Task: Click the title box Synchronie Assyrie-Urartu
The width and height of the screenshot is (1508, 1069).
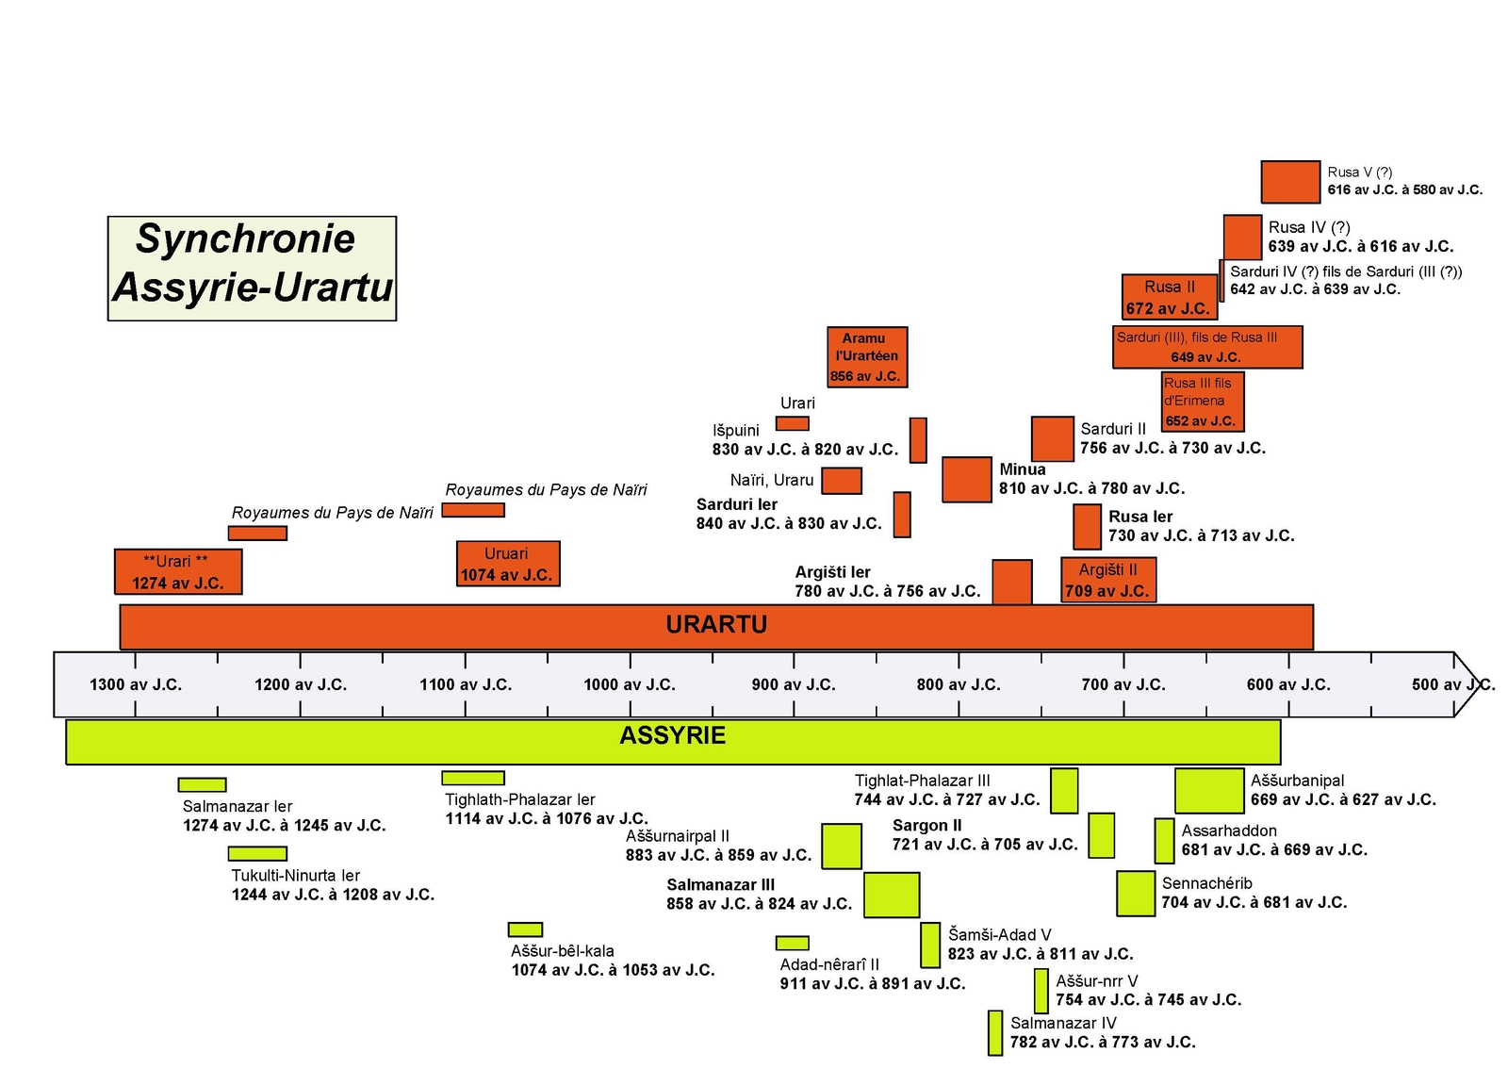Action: point(252,269)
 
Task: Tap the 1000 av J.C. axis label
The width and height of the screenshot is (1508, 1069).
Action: point(629,684)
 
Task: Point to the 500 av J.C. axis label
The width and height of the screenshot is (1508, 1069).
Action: point(1451,684)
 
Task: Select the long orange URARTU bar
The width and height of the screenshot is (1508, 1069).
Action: point(716,626)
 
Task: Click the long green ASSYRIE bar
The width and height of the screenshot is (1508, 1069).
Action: point(673,741)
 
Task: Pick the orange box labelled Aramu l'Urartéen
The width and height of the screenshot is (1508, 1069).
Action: point(867,356)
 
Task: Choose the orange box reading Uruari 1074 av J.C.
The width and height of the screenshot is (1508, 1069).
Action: point(507,564)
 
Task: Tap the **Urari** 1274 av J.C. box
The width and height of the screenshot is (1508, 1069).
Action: point(177,572)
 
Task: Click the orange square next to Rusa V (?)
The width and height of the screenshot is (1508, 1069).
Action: point(1290,182)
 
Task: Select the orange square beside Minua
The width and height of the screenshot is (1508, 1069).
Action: point(966,479)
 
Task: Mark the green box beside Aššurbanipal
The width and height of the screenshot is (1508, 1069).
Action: point(1209,790)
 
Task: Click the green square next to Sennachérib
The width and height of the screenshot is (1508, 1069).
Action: point(1135,894)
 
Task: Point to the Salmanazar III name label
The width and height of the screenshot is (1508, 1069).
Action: point(720,884)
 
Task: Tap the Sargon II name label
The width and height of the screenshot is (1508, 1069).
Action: point(926,825)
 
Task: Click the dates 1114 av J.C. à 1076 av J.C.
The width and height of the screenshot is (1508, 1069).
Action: point(547,818)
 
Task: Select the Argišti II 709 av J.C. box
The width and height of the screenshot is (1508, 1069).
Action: point(1107,580)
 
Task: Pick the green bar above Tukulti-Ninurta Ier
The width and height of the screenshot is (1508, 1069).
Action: point(257,854)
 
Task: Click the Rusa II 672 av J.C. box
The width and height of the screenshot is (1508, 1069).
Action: point(1169,297)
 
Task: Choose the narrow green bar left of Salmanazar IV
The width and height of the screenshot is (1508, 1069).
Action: point(994,1033)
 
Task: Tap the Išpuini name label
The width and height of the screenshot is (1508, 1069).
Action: point(735,430)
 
